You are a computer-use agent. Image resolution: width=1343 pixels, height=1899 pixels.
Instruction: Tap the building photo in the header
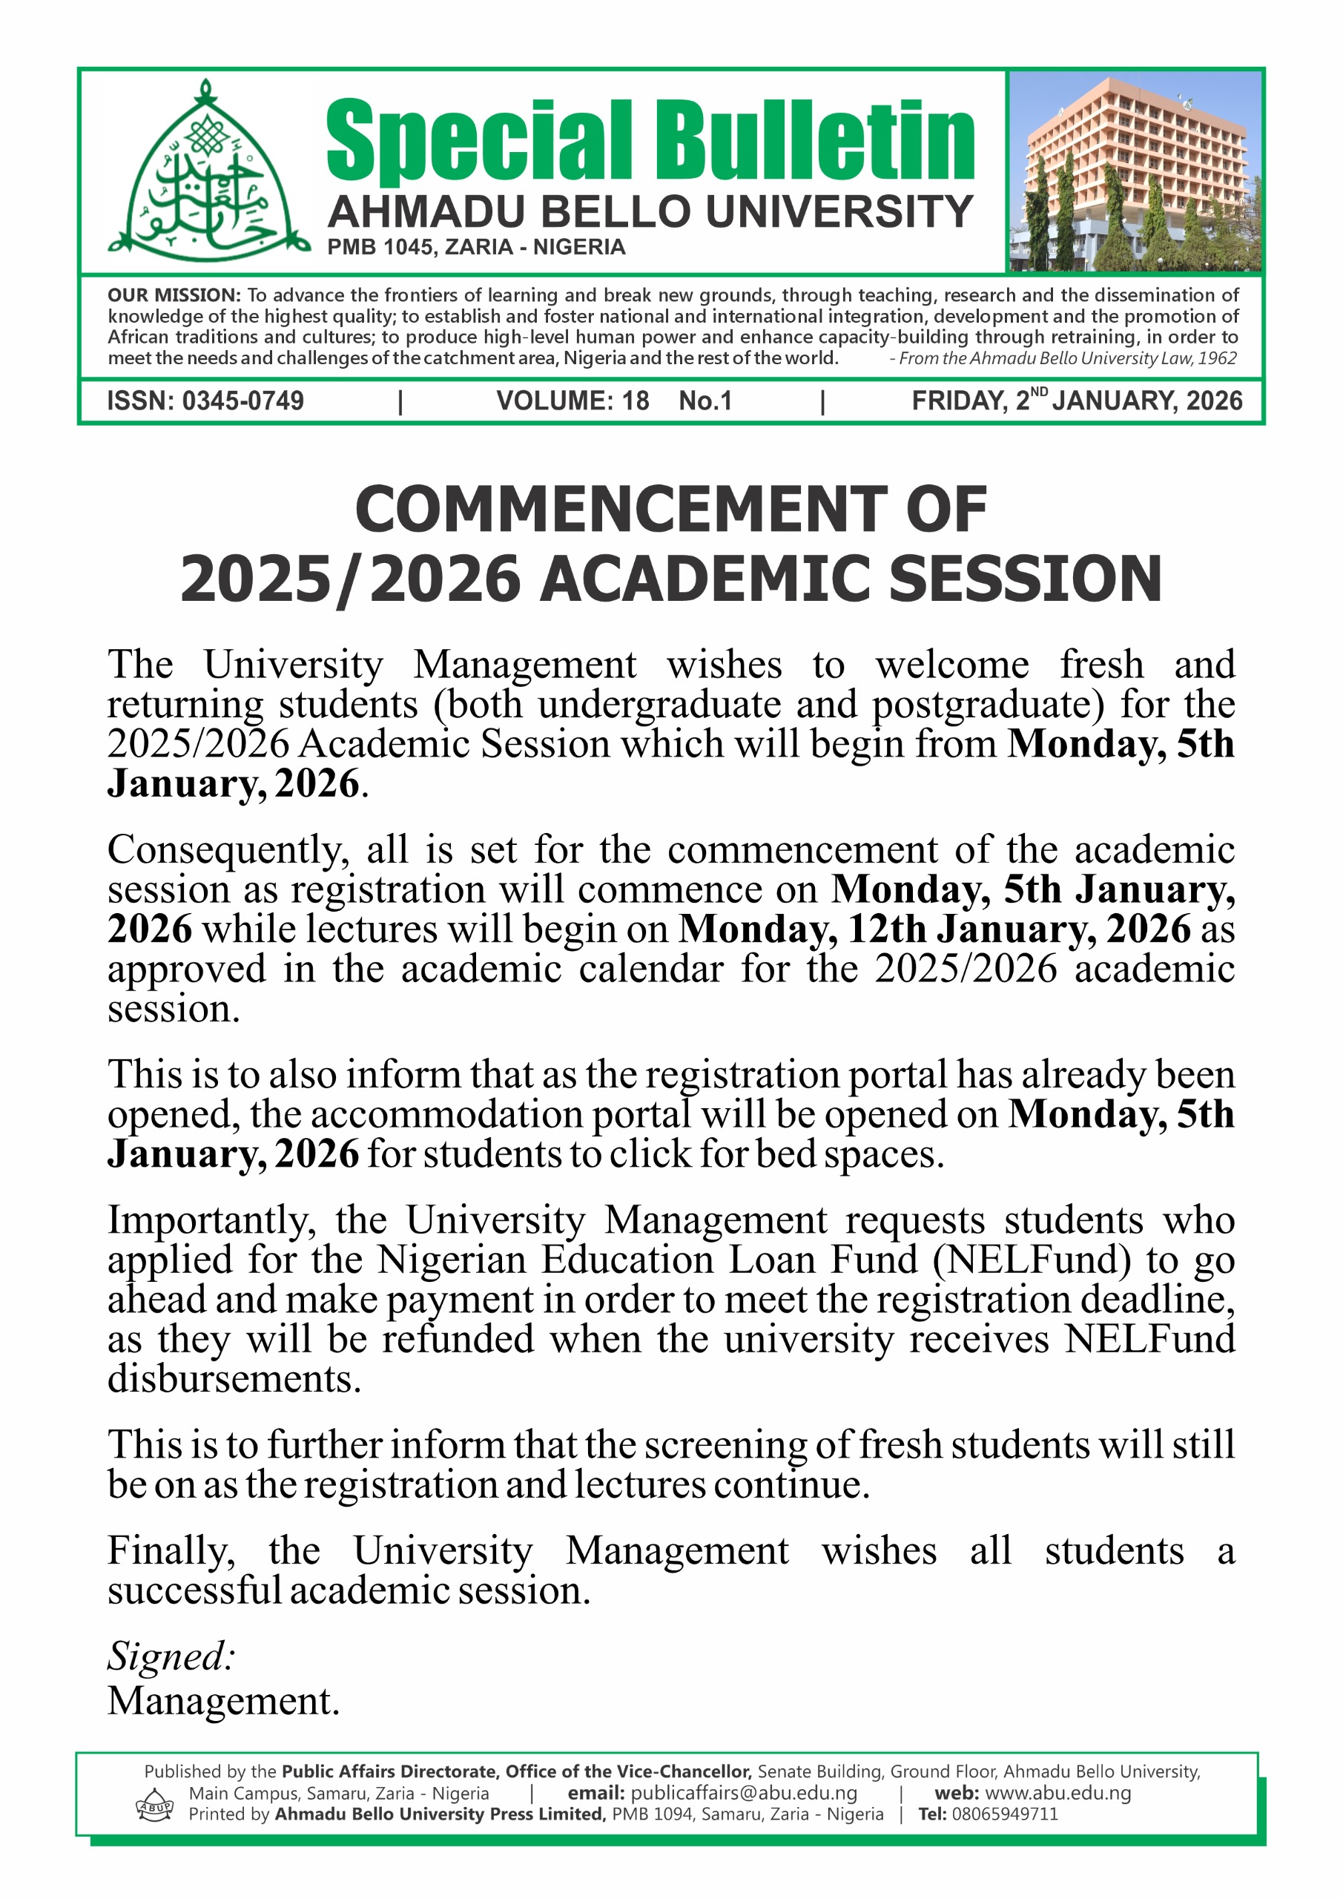pos(1135,171)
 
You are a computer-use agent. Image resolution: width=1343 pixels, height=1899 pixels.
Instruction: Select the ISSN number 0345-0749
pos(242,401)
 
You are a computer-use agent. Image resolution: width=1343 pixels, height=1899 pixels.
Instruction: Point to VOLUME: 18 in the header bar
pos(572,401)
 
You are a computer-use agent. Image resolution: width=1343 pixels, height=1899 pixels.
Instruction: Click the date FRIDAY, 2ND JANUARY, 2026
pos(1077,401)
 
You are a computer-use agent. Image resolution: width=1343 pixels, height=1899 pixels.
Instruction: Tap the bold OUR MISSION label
pos(174,295)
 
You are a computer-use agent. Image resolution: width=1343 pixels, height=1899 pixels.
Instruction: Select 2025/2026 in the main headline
pos(351,579)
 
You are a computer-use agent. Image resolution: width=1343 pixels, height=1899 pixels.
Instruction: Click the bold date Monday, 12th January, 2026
pos(934,929)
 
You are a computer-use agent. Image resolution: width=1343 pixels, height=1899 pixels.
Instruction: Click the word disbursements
pos(234,1379)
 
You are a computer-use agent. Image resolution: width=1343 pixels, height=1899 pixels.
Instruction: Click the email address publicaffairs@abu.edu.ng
pos(744,1792)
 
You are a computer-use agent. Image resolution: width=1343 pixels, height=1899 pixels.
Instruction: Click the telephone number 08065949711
pos(1004,1814)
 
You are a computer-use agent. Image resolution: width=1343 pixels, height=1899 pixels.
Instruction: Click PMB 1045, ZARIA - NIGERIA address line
pos(476,247)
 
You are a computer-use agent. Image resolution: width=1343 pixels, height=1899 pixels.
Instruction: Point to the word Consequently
pos(223,851)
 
